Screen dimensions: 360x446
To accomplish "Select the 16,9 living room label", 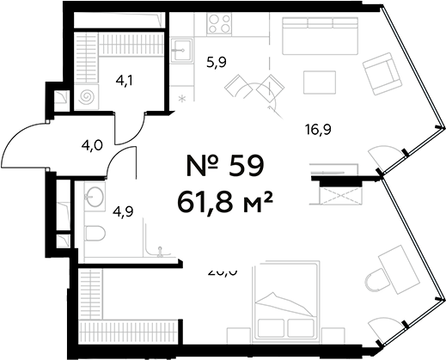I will pyautogui.click(x=318, y=130).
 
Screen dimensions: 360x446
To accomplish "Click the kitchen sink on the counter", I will pyautogui.click(x=181, y=50).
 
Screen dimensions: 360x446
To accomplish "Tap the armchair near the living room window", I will pyautogui.click(x=379, y=75).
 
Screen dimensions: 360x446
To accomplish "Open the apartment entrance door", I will pyautogui.click(x=30, y=150).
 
